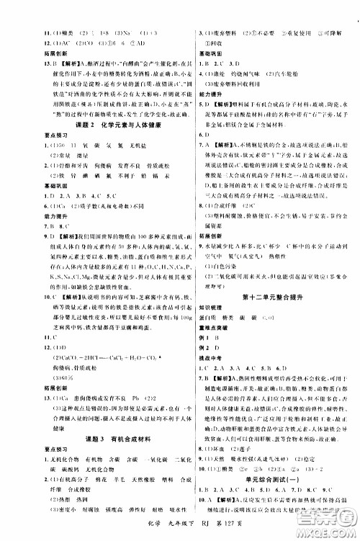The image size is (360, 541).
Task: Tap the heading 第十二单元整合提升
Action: coord(268,295)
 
